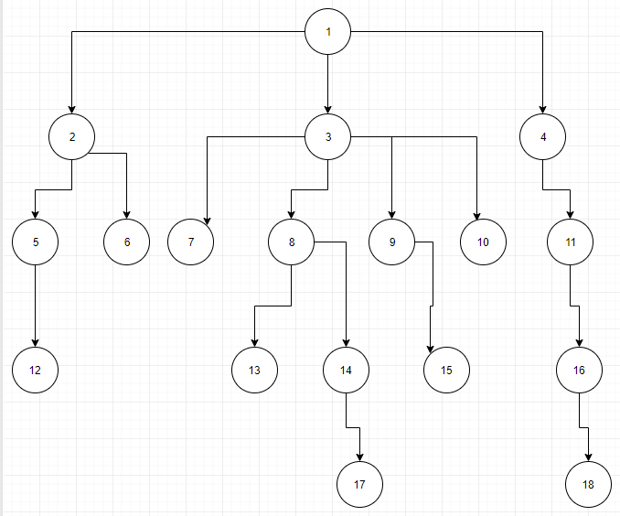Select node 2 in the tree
72,137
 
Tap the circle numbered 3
327,137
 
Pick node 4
543,137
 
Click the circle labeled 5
36,242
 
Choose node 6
126,242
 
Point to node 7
191,242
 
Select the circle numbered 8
292,242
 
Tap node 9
392,242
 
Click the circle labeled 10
484,242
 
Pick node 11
570,242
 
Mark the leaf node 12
36,371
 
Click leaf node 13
255,371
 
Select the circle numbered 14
346,371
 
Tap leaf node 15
446,371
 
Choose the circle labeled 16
579,371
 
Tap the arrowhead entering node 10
477,216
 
